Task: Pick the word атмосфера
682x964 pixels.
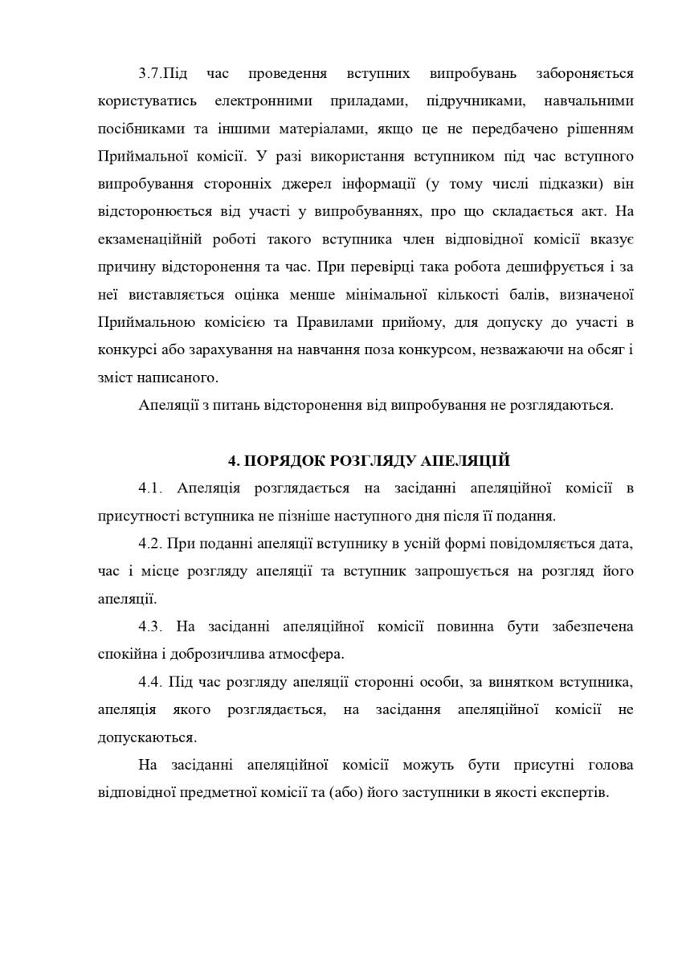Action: [308, 653]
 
